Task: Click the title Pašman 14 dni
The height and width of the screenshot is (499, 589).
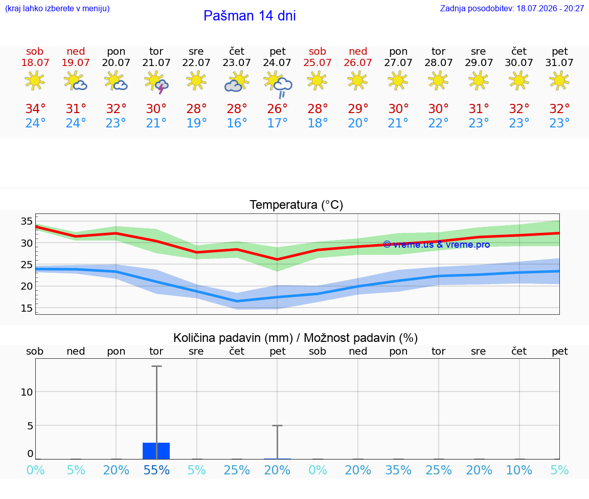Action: tap(250, 16)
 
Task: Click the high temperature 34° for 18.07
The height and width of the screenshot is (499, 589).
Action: tap(35, 109)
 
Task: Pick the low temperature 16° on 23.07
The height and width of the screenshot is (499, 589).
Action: tap(237, 123)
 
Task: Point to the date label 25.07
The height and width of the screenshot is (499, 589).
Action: tap(318, 62)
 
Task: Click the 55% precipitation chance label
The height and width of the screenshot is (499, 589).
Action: tap(156, 470)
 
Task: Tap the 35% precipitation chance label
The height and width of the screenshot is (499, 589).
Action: tap(398, 470)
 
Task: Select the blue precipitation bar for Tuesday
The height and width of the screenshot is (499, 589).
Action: tap(156, 451)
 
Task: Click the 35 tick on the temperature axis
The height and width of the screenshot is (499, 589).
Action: tap(27, 221)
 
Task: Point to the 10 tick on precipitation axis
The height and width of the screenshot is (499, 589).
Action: tap(27, 392)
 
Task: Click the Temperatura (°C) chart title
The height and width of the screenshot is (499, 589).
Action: tap(297, 205)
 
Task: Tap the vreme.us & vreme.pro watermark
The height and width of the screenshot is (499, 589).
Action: tap(437, 245)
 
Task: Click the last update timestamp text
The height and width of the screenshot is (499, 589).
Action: tap(512, 8)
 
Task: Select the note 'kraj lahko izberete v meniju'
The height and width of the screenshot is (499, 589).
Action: tap(57, 8)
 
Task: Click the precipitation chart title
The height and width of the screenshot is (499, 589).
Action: tap(296, 338)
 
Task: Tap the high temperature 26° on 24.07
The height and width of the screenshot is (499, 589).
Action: tap(277, 109)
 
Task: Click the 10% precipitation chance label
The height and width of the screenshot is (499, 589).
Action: tap(519, 470)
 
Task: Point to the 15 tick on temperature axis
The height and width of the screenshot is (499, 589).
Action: tap(27, 308)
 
